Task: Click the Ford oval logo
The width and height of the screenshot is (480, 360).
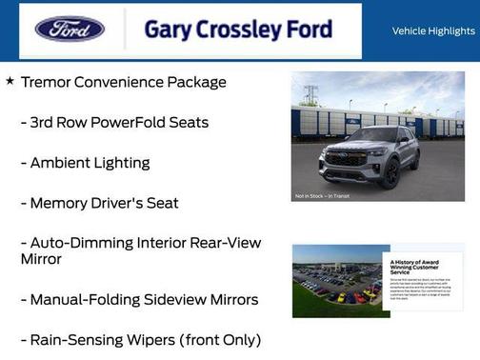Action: [x=70, y=29]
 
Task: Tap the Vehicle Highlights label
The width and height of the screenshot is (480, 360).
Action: [x=433, y=30]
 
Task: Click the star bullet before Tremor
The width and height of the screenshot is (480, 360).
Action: [x=10, y=82]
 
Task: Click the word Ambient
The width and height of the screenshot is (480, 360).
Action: [x=62, y=163]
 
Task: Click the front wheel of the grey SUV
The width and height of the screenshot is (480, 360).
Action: [x=390, y=175]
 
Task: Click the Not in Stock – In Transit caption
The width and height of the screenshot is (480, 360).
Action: [x=322, y=197]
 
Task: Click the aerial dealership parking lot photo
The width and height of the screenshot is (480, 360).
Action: [x=335, y=282]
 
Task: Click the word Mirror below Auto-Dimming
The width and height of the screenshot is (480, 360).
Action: [x=41, y=259]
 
